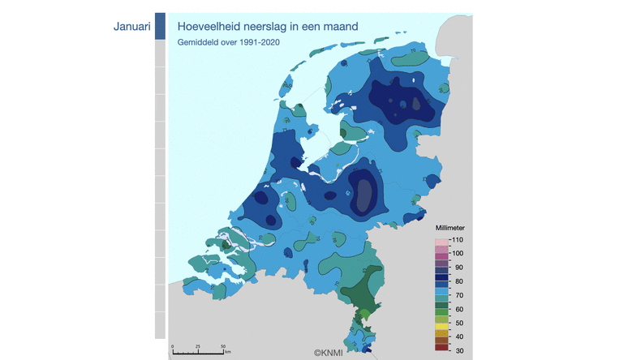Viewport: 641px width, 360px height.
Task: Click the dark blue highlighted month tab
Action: [x=160, y=26]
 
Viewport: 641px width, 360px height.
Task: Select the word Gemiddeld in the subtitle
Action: [x=199, y=41]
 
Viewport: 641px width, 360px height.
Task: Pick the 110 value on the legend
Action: [x=457, y=240]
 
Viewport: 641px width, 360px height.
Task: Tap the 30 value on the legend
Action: [x=456, y=349]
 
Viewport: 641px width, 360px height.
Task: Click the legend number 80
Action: [x=456, y=281]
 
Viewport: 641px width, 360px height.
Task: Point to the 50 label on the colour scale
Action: [x=456, y=323]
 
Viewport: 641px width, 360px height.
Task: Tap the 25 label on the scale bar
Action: [x=198, y=346]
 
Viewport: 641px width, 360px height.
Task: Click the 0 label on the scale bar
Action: [x=173, y=346]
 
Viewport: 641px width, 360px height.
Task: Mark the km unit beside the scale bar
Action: [x=228, y=352]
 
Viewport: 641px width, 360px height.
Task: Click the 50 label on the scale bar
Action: [x=223, y=346]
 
